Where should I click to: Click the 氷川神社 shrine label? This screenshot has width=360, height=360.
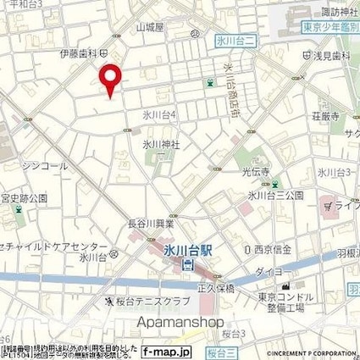[160, 142]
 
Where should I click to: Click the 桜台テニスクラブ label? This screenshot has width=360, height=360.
[147, 301]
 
